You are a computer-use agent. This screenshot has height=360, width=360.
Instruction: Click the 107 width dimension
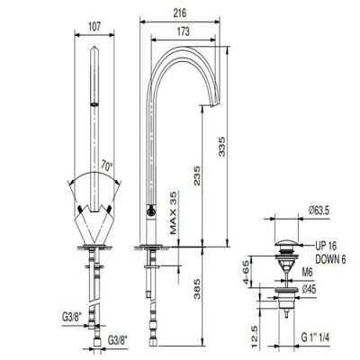point(94,26)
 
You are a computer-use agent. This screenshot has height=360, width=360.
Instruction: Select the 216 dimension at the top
point(180,13)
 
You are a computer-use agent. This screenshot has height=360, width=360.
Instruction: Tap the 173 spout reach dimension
point(184,31)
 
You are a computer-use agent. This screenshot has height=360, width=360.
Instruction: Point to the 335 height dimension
point(221,147)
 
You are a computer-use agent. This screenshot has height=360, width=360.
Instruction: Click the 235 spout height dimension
point(197,175)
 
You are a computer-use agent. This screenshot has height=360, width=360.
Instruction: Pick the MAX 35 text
point(174,213)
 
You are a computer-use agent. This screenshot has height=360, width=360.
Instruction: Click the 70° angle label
point(107,165)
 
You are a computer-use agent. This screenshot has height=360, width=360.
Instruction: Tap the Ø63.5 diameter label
point(319,211)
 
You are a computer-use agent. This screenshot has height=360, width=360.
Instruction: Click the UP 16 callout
point(326,246)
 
